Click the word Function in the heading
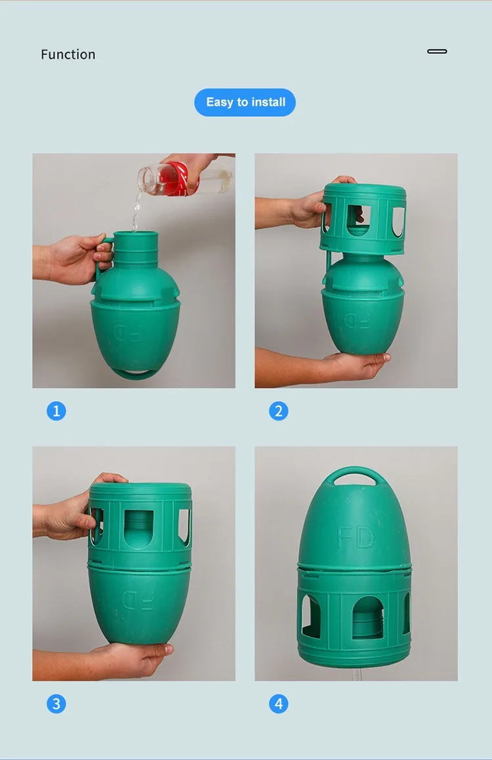pos(68,54)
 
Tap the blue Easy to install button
pos(245,102)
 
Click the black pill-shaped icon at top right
pos(438,51)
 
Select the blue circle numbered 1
pos(56,411)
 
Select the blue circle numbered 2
pos(278,411)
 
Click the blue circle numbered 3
pos(56,704)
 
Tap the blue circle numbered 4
pos(278,704)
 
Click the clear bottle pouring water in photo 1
pos(184,179)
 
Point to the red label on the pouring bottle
pos(173,179)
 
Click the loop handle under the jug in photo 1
pos(133,373)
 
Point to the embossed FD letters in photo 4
pos(356,537)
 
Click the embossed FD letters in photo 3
pos(138,600)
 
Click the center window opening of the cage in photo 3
pos(139,529)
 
